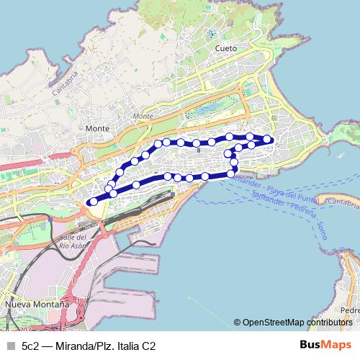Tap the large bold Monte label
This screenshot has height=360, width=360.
tap(97, 128)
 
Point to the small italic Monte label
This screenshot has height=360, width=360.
tap(143, 116)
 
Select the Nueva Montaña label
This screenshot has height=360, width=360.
tap(37, 305)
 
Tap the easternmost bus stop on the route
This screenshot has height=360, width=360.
tap(267, 138)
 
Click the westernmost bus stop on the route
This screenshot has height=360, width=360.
tap(91, 202)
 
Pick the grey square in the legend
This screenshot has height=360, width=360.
tap(10, 346)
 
